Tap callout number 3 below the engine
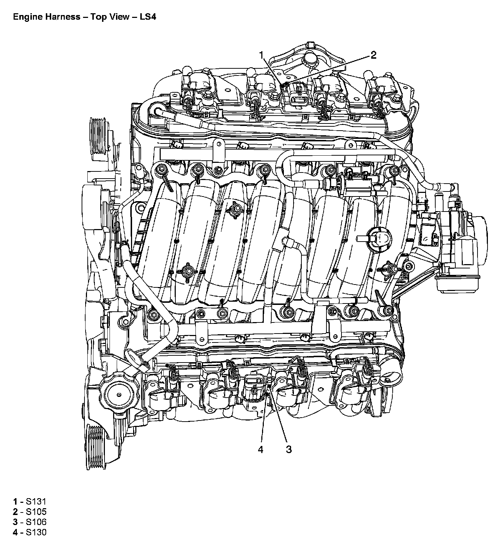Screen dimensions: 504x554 289,449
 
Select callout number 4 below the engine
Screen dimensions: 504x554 261,449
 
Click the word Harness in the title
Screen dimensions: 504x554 60,17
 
